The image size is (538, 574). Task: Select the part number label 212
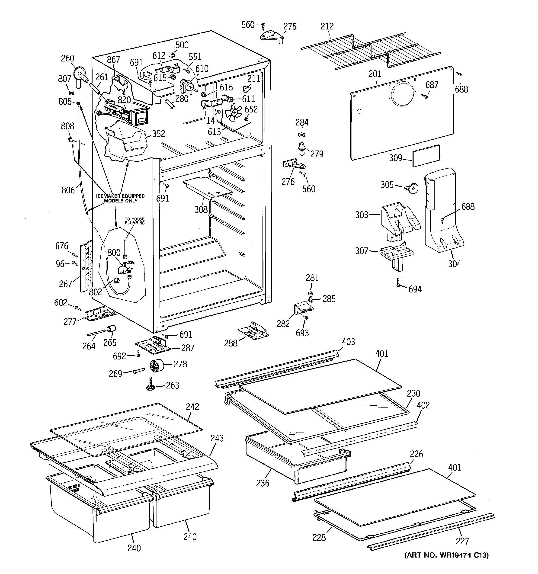[x=327, y=26]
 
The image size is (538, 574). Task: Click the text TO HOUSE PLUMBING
[x=134, y=221]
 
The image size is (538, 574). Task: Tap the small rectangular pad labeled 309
[x=426, y=156]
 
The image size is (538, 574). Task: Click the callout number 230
[x=413, y=393]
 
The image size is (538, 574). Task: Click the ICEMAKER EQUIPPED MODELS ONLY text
[x=120, y=198]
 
